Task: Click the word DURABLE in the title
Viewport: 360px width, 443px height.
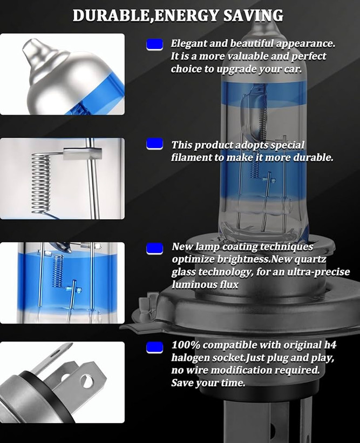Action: [x=111, y=15]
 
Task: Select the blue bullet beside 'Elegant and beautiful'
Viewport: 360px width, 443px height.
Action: [x=154, y=45]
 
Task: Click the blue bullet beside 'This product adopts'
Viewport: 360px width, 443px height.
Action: [x=154, y=144]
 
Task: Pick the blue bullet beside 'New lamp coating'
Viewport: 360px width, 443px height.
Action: [x=154, y=249]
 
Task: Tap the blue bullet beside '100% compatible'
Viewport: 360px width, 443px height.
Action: [x=154, y=347]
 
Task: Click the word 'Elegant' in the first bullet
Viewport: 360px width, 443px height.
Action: [x=188, y=44]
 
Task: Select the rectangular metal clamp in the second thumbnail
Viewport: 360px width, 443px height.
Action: [x=82, y=153]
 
